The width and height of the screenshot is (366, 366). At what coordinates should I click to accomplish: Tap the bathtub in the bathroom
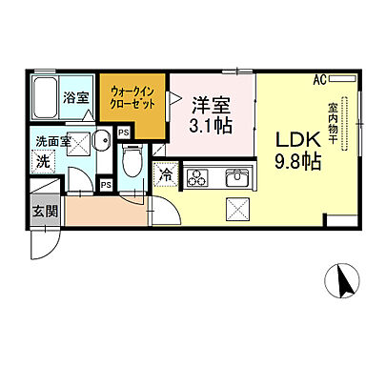pos(46,95)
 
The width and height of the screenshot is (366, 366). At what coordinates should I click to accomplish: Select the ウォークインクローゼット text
pos(135,96)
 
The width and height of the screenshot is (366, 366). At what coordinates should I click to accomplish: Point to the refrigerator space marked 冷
pos(167,175)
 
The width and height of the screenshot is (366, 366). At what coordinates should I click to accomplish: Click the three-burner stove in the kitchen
pos(198,175)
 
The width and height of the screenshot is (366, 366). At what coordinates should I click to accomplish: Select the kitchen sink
pos(234,175)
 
